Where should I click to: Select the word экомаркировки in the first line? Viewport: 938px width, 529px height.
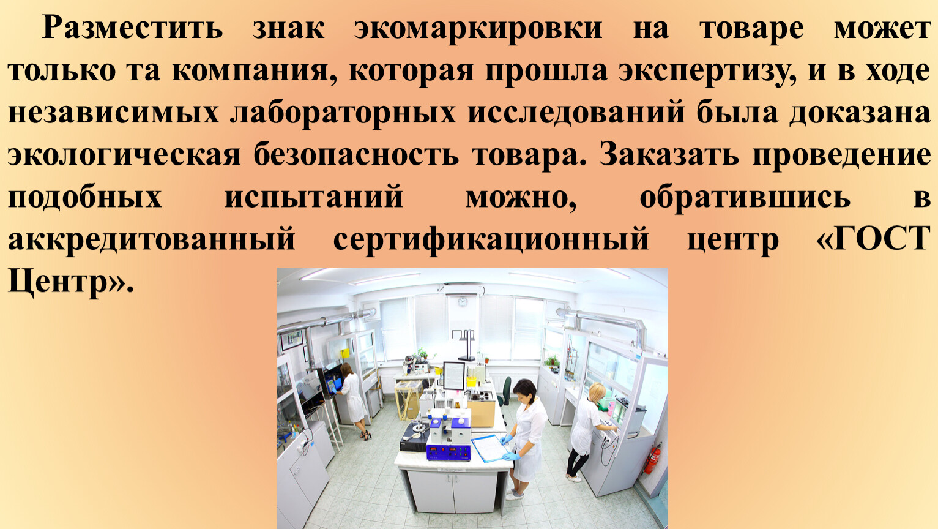(478, 29)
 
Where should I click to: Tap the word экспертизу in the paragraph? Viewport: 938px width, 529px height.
(707, 71)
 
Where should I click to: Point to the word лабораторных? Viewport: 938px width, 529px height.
(343, 113)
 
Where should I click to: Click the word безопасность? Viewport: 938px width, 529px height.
(356, 155)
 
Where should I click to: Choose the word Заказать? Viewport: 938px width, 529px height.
(669, 155)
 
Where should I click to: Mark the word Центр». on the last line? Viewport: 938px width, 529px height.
(71, 282)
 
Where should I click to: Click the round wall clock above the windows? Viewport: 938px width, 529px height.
(463, 301)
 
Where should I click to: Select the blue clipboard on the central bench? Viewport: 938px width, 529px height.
(489, 448)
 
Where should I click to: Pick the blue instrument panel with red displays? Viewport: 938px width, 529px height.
(449, 452)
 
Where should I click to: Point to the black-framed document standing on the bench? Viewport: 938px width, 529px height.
(454, 375)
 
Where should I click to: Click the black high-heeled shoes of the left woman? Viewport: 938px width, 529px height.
(365, 435)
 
